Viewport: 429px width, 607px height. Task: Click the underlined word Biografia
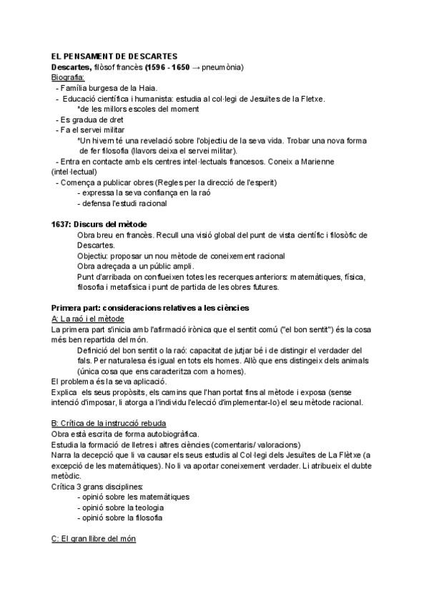pyautogui.click(x=68, y=77)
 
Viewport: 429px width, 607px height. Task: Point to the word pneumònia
pyautogui.click(x=222, y=67)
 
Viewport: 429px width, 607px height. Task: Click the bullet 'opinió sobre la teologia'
pyautogui.click(x=122, y=507)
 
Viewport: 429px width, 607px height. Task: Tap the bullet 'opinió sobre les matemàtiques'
pyautogui.click(x=134, y=496)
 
